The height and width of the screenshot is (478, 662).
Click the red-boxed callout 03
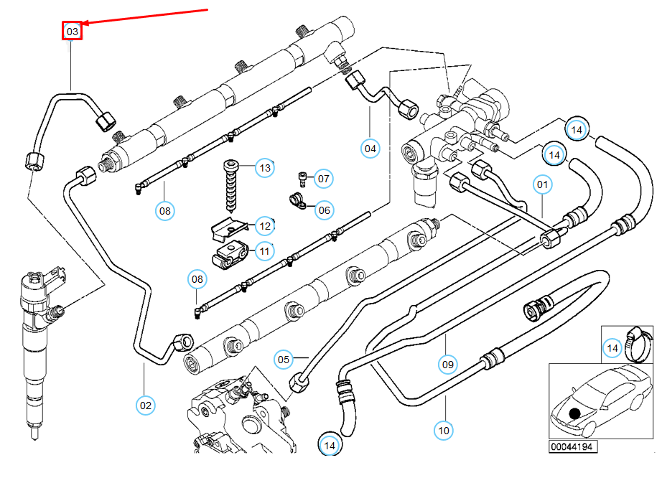72,31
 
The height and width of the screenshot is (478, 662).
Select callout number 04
370,149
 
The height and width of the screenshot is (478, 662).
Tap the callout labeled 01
543,184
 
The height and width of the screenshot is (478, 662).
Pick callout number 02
146,405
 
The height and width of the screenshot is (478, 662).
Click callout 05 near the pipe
284,359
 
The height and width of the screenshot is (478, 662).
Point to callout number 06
325,210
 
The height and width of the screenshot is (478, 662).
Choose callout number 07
323,178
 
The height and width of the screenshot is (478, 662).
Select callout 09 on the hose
448,364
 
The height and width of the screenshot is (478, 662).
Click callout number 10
444,430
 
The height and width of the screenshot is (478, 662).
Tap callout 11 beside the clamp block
265,251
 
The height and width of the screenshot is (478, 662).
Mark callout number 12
265,227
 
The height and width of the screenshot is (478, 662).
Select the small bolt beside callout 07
302,177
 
